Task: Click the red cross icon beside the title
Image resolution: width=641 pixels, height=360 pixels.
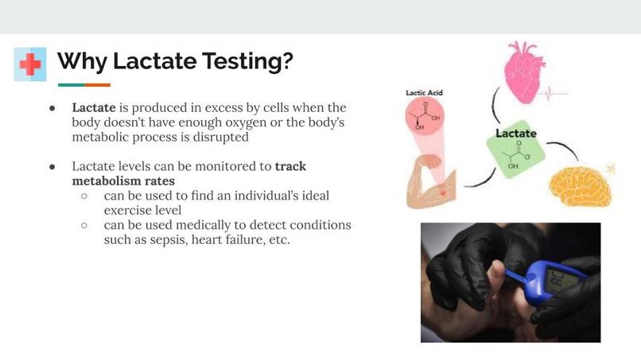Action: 30,64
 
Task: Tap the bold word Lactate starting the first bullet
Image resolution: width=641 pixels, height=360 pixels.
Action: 94,107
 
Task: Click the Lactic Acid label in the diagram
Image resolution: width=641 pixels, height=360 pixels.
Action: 424,92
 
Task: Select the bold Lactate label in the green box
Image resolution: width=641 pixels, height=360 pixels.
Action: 516,133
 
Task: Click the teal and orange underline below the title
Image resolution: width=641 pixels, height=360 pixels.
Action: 84,85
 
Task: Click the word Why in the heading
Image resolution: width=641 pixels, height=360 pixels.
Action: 82,61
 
